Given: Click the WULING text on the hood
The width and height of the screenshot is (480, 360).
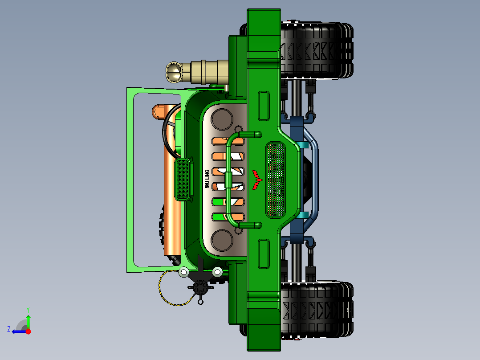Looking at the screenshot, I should pos(207,179).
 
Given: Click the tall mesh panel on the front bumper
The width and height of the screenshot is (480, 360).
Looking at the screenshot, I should pos(275,180).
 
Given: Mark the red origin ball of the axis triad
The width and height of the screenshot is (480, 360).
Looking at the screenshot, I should pos(28,331).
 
